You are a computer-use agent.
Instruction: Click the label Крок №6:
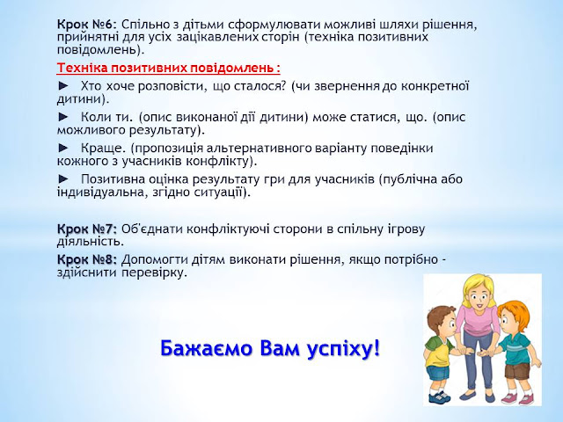coord(87,25)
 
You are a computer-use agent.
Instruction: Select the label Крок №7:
coord(87,229)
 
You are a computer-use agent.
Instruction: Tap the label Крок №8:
coord(87,259)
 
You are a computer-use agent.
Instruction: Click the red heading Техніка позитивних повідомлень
coord(168,68)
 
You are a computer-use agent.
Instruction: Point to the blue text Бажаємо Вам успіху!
coord(270,348)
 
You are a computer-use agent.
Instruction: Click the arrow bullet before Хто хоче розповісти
coord(63,86)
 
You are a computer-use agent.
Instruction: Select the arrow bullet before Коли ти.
coord(63,117)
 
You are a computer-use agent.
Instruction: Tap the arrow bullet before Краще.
coord(63,148)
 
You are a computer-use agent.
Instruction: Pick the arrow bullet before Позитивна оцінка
coord(63,178)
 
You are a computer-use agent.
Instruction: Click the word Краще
coord(103,149)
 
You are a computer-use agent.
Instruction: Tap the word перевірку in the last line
coord(154,273)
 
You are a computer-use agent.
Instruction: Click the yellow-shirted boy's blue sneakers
coord(440,397)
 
